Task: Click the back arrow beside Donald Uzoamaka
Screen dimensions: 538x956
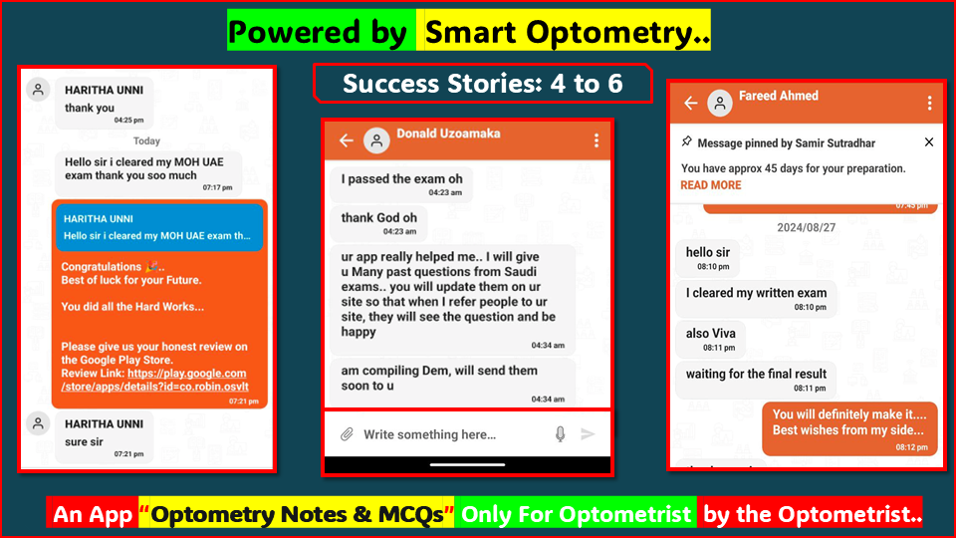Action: pos(346,140)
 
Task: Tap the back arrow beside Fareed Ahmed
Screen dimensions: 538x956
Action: pos(690,104)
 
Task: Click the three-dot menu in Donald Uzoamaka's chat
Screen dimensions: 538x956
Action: pos(597,140)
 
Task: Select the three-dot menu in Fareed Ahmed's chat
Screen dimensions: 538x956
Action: pos(929,104)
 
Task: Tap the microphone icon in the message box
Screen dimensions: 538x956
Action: pos(560,434)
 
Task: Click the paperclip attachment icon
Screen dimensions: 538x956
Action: pos(347,434)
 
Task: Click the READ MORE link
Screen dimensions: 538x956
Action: pos(710,185)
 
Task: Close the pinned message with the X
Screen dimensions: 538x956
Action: pos(929,142)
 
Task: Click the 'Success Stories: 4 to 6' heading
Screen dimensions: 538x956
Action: pos(483,84)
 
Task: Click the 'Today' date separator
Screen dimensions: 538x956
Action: pos(146,141)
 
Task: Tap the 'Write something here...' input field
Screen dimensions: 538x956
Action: pos(438,434)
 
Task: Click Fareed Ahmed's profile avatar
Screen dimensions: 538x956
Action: pos(719,104)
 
